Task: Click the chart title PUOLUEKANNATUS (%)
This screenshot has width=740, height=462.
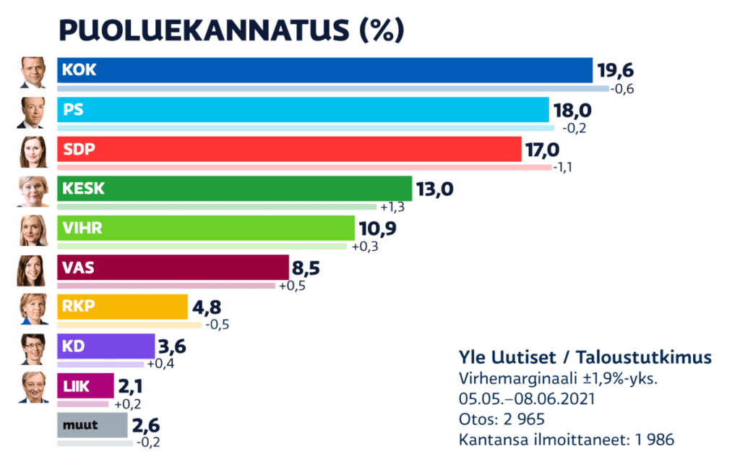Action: [x=231, y=30]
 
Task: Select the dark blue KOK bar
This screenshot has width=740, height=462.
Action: [x=325, y=70]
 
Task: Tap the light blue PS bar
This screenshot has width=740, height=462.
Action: [x=304, y=110]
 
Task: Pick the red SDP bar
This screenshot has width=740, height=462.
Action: [x=289, y=150]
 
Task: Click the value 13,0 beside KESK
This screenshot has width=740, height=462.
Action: [x=435, y=190]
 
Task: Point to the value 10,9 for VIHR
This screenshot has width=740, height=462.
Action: [x=378, y=230]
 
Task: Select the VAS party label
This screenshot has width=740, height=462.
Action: [x=78, y=268]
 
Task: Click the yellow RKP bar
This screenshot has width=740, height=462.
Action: [x=123, y=307]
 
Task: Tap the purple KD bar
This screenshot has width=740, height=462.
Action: [x=106, y=346]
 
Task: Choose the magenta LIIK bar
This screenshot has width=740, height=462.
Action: [x=85, y=385]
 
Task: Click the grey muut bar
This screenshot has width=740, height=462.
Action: [x=92, y=425]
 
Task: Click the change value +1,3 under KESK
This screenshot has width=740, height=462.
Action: [x=392, y=208]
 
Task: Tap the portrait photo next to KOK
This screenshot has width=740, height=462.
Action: [x=33, y=72]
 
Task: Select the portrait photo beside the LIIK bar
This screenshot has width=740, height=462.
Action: [x=33, y=386]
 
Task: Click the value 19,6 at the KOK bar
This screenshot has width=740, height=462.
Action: [x=615, y=72]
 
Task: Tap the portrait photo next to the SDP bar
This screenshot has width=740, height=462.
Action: [x=33, y=150]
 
